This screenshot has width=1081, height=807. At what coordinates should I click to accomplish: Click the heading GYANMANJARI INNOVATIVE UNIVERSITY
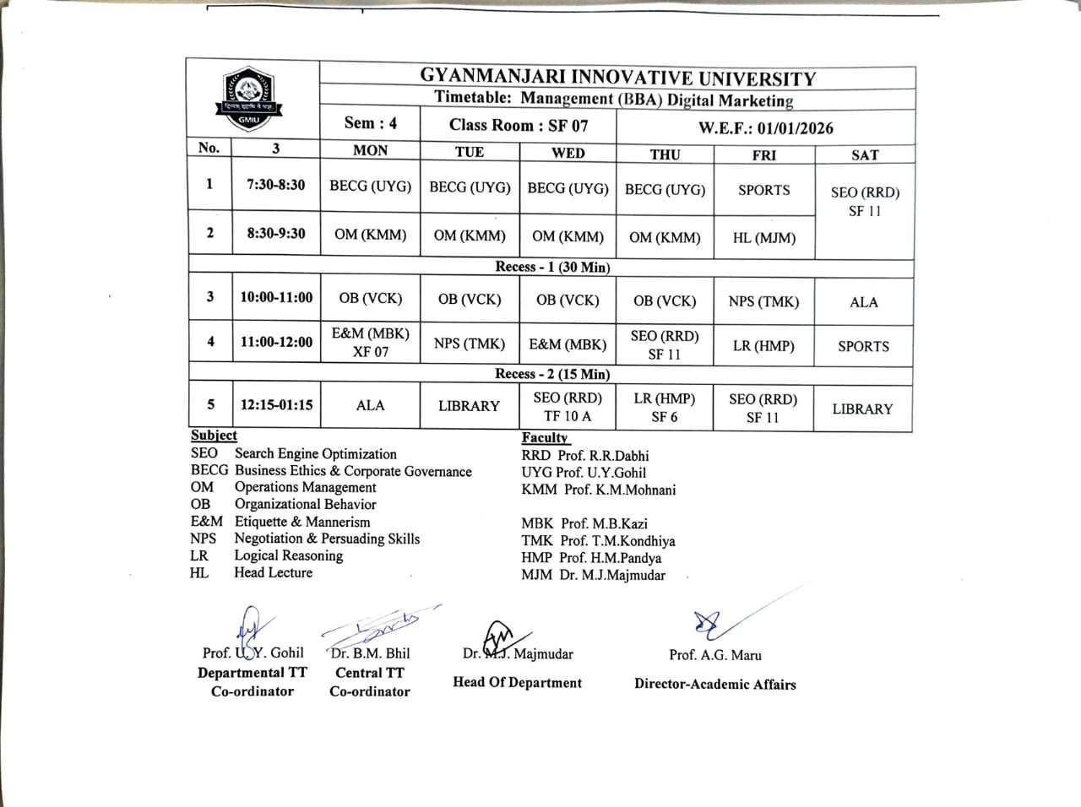[617, 78]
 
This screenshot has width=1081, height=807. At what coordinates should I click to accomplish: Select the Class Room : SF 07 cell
[519, 125]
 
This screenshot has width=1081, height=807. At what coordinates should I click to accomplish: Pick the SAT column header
[865, 154]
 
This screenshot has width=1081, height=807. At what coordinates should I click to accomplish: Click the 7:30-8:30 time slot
[276, 185]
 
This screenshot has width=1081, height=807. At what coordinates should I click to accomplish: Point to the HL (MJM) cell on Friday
[763, 238]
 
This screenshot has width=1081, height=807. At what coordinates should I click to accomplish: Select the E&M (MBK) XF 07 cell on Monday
[370, 343]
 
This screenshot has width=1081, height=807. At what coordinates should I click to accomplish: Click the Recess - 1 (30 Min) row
[552, 267]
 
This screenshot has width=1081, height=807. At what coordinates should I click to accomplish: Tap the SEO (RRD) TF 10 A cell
[568, 407]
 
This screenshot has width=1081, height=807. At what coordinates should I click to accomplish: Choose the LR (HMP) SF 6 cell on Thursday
[664, 407]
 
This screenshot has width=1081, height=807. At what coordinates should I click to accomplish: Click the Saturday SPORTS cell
[863, 346]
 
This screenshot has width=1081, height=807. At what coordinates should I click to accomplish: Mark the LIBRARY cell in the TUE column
[469, 406]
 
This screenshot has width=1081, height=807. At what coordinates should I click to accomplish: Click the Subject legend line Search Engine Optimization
[315, 454]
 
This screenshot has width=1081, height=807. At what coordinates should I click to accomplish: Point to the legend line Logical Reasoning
[288, 555]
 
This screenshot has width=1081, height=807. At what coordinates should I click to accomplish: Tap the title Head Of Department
[517, 682]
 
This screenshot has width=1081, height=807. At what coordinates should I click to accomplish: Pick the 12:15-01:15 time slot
[276, 404]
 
